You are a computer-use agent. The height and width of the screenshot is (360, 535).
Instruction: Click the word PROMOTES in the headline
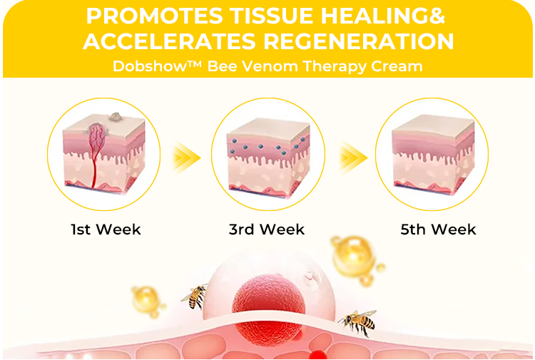154,16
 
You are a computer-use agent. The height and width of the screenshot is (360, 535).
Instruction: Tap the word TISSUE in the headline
272,16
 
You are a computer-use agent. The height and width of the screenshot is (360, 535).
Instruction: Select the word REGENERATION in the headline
358,41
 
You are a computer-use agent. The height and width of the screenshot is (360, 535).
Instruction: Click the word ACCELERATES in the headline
169,41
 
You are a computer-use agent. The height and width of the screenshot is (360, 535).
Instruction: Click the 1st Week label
106,230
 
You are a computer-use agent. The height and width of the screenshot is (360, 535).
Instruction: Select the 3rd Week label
267,230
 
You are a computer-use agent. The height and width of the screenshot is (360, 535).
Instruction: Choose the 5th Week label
438,230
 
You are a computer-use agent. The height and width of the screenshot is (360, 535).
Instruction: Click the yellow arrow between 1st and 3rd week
186,158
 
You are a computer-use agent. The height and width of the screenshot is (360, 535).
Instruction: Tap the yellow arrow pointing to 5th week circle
354,158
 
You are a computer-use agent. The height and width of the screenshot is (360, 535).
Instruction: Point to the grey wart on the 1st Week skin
116,118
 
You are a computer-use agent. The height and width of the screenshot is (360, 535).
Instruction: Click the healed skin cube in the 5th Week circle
433,155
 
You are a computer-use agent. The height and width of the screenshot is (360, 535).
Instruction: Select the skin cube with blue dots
268,158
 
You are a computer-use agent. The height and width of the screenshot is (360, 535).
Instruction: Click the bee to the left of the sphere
195,297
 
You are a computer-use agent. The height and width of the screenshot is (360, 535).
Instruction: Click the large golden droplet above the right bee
354,257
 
